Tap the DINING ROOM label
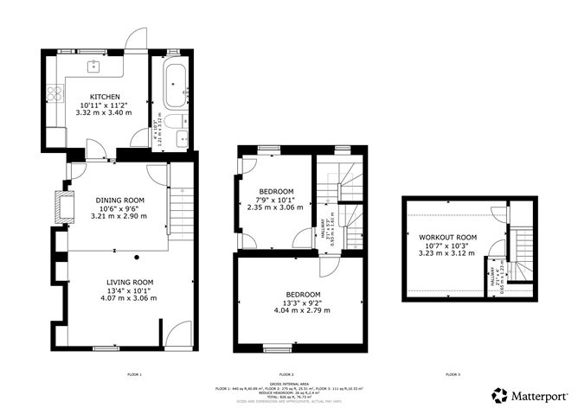[x=119, y=200]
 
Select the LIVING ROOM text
[x=130, y=282]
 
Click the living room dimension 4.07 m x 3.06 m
[x=130, y=298]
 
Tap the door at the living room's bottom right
[x=179, y=334]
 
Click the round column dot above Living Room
[x=137, y=258]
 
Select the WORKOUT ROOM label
[x=448, y=237]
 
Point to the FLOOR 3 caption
[x=453, y=375]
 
